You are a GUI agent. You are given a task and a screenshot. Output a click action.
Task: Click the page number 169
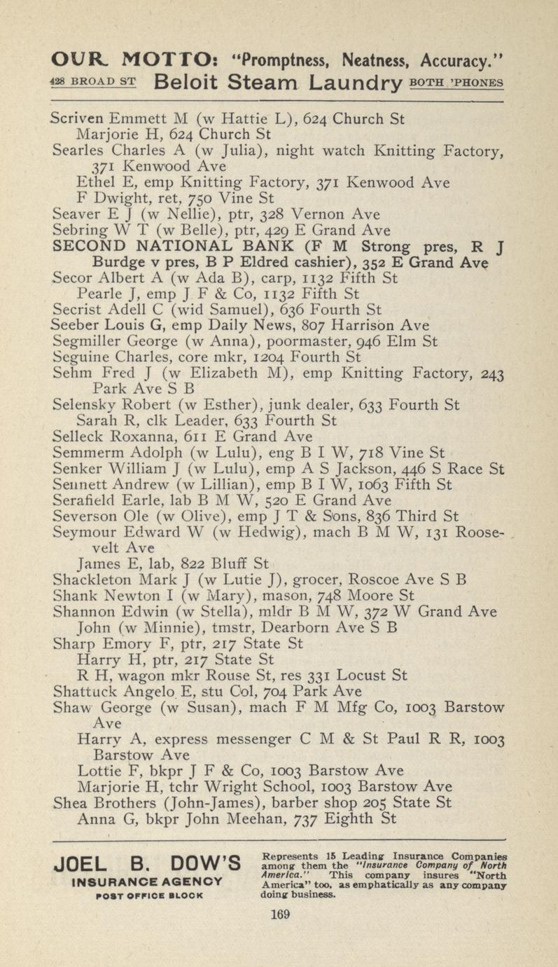click(279, 914)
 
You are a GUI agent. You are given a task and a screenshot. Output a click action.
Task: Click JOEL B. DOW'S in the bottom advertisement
click(148, 862)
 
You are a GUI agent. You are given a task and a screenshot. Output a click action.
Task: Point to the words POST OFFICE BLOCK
click(147, 894)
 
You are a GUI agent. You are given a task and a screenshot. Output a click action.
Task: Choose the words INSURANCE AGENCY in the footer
click(148, 881)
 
